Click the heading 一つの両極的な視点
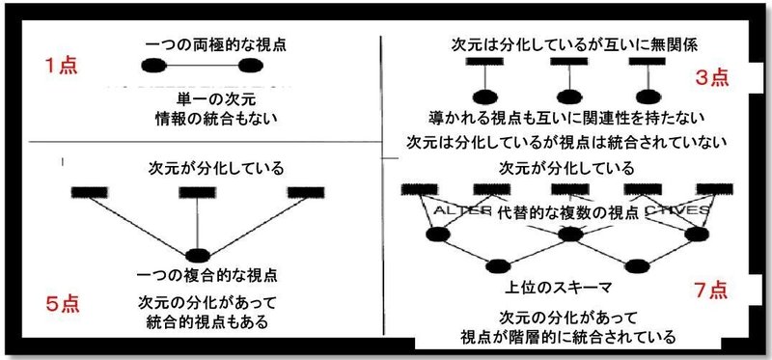pyautogui.click(x=202, y=43)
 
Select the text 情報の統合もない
pyautogui.click(x=203, y=120)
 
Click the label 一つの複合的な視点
pyautogui.click(x=201, y=275)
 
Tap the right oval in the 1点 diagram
pyautogui.click(x=250, y=67)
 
